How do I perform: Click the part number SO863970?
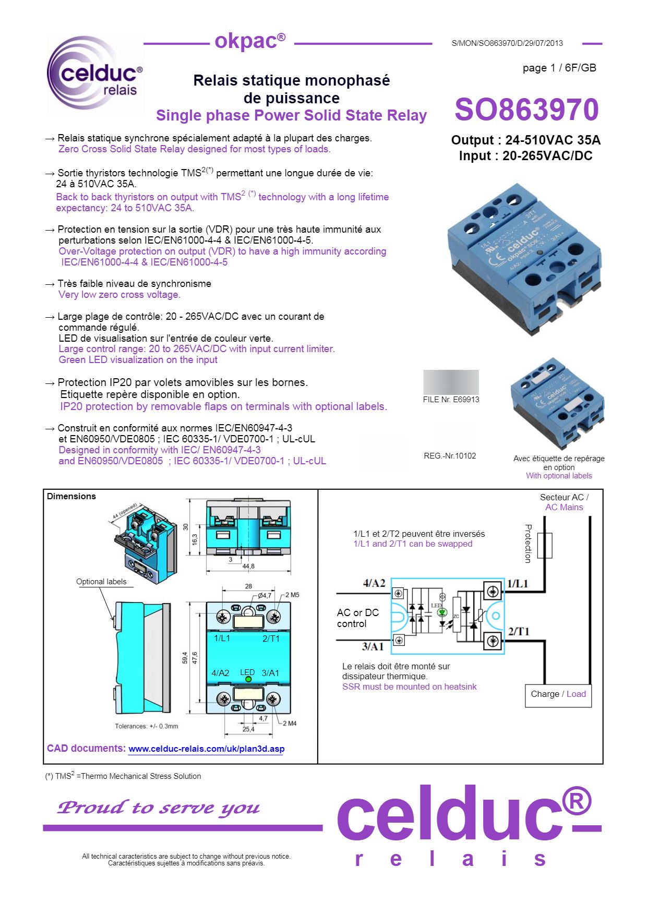[x=526, y=110]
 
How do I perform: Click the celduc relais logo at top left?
[x=95, y=74]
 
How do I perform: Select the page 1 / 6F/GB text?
[x=559, y=68]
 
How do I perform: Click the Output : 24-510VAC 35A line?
[x=525, y=140]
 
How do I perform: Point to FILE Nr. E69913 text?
[x=451, y=400]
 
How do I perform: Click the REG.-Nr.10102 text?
[x=450, y=456]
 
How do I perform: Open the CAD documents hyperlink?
[x=206, y=749]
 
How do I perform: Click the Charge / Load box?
[x=558, y=694]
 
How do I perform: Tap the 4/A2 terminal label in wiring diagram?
[x=374, y=583]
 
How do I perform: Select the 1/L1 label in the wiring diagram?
[x=518, y=584]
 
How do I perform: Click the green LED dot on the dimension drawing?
[x=248, y=679]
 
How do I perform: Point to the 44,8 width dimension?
[x=248, y=566]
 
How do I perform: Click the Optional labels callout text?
[x=101, y=582]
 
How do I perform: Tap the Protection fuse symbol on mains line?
[x=545, y=546]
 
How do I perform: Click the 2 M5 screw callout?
[x=292, y=595]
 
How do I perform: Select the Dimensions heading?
[x=71, y=496]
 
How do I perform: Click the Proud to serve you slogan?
[x=158, y=808]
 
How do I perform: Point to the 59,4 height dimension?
[x=185, y=658]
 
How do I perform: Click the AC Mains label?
[x=564, y=507]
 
